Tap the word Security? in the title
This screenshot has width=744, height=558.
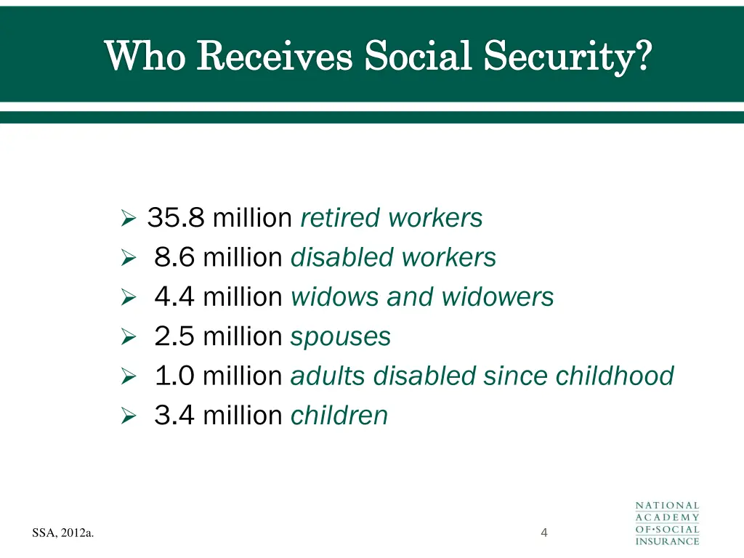click(567, 56)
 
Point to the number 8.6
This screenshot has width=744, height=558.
click(174, 257)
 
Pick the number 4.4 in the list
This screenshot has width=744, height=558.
click(174, 296)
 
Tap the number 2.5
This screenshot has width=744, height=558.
click(174, 336)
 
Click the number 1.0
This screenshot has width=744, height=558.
click(174, 376)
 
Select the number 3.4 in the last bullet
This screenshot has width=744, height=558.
click(174, 416)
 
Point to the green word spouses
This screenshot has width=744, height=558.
click(340, 337)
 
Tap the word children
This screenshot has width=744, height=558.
click(339, 416)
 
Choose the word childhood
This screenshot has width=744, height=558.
click(615, 376)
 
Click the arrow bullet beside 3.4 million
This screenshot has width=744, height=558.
click(128, 416)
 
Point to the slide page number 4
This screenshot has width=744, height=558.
click(544, 534)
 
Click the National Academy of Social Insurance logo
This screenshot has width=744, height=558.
click(667, 523)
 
